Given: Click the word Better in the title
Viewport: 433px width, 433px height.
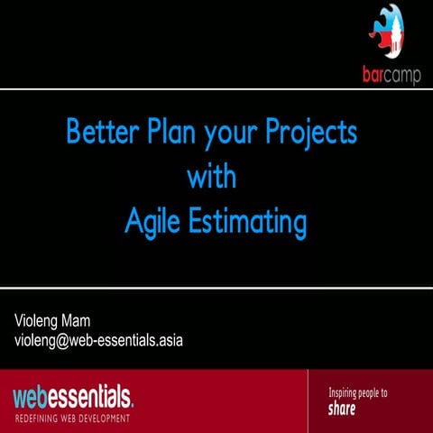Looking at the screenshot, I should click(x=99, y=134).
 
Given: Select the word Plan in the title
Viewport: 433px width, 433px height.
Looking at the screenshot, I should click(x=171, y=134).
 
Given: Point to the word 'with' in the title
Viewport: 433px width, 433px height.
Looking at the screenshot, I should click(x=212, y=177).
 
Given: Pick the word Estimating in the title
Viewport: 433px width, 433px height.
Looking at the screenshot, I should click(x=250, y=221).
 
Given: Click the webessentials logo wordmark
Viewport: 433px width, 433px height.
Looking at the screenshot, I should click(x=72, y=396).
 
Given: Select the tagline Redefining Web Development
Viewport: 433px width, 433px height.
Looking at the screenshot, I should click(x=72, y=418).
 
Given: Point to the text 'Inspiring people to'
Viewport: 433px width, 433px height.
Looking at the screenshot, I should click(x=357, y=393).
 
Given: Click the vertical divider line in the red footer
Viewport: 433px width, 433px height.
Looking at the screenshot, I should click(x=308, y=401).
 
